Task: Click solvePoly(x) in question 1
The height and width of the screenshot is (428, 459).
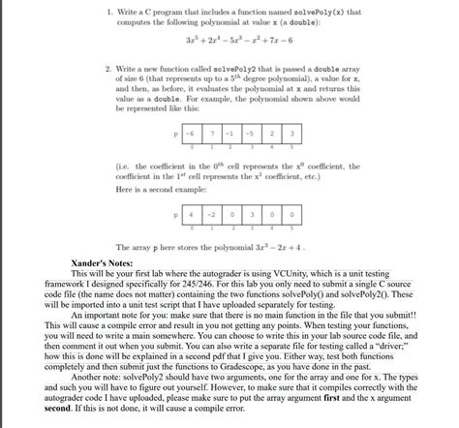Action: (315, 10)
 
